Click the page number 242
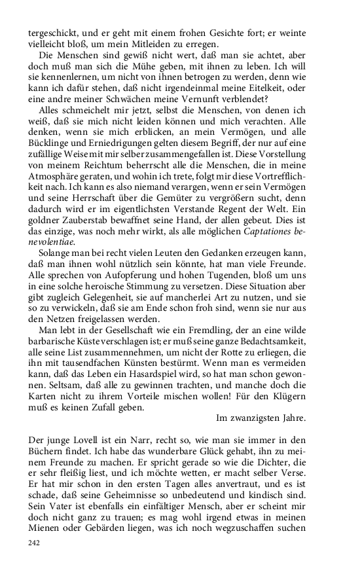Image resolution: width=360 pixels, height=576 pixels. coord(35,543)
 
